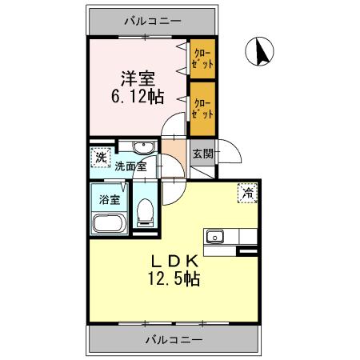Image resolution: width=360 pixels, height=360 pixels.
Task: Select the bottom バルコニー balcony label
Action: pyautogui.click(x=174, y=339)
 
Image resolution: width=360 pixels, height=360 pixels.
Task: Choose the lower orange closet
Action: pyautogui.click(x=202, y=107)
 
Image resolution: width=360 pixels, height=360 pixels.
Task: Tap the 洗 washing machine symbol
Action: pyautogui.click(x=100, y=156)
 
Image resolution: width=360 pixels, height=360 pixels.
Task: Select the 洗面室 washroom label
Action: pyautogui.click(x=130, y=167)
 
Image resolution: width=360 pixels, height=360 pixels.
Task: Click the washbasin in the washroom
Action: pyautogui.click(x=142, y=147)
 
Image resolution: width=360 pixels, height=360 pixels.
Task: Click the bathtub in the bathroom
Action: pyautogui.click(x=109, y=224)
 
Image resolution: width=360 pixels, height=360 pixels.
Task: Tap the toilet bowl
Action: pyautogui.click(x=146, y=212)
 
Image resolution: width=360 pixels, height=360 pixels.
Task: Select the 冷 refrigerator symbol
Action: pyautogui.click(x=248, y=192)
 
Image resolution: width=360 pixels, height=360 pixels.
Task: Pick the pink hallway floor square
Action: pyautogui.click(x=174, y=150)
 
